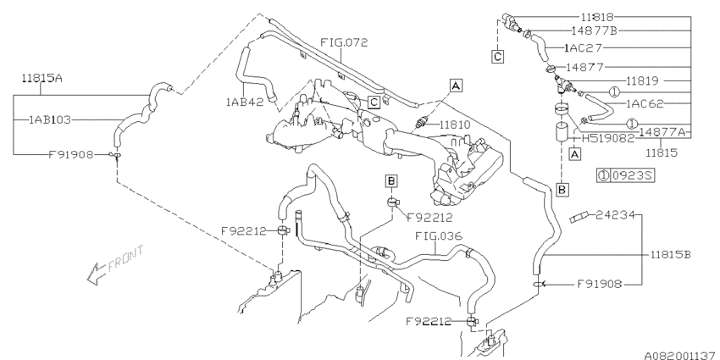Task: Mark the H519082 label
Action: coord(602,137)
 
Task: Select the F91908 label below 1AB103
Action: coord(70,155)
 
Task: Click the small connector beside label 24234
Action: coord(579,219)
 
